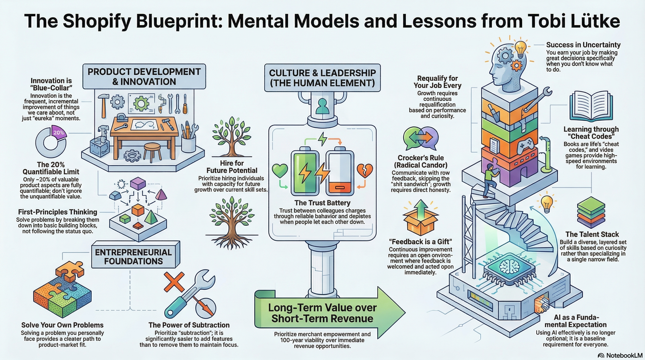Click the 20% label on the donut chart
(x=59, y=133)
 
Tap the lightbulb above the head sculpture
(x=520, y=49)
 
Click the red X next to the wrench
(x=174, y=282)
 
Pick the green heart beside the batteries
(x=280, y=171)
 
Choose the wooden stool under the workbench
(x=152, y=151)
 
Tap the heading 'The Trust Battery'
(x=322, y=203)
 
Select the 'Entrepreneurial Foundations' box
(x=133, y=257)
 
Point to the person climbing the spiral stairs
(x=490, y=180)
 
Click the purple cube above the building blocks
(x=138, y=183)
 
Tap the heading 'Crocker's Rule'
(x=421, y=158)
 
